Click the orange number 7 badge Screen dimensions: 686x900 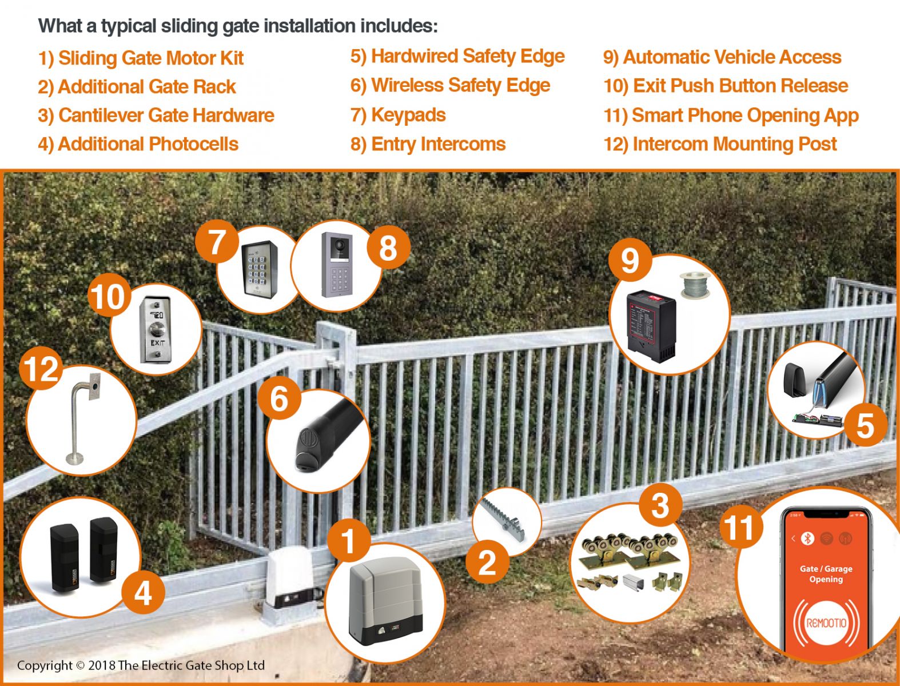point(216,242)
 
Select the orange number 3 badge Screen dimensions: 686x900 point(659,505)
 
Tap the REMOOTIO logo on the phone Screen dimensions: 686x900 point(826,623)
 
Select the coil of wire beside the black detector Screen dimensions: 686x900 point(694,285)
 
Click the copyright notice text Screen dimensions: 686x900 point(141,665)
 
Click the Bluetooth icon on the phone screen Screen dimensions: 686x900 point(807,538)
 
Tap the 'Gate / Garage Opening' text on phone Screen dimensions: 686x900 point(826,574)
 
